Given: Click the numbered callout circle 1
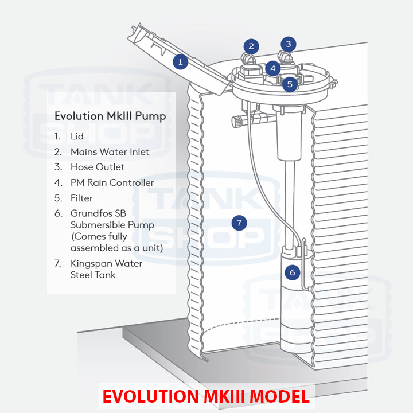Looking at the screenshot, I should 181,61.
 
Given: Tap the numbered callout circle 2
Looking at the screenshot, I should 251,46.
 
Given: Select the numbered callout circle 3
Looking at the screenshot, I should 289,44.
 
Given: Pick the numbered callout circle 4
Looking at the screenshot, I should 273,68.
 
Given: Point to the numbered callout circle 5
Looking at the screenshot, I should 290,84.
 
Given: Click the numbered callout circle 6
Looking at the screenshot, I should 292,272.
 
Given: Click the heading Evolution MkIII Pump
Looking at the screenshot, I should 110,116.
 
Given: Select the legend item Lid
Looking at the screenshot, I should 77,137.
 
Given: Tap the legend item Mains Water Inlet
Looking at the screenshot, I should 110,152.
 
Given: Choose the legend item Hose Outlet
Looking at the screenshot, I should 98,167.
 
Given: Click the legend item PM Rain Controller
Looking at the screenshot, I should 112,182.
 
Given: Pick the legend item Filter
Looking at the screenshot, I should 81,198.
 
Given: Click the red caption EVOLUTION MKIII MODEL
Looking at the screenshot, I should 205,397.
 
